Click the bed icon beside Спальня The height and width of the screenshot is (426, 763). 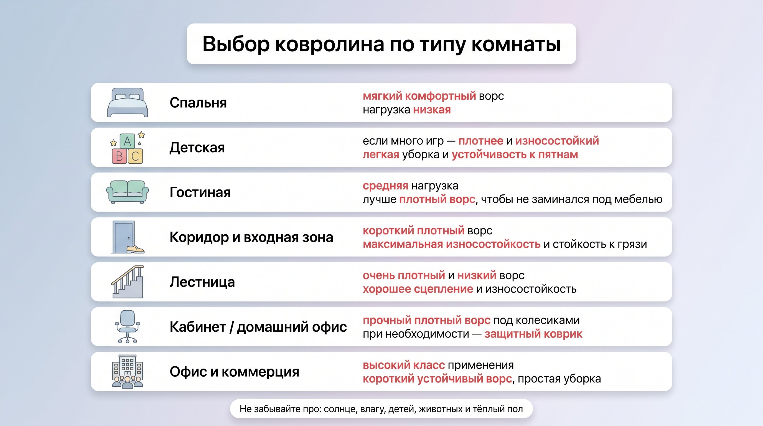pyautogui.click(x=127, y=103)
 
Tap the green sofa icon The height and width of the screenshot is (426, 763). pyautogui.click(x=127, y=192)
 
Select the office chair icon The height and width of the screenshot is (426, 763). pyautogui.click(x=127, y=326)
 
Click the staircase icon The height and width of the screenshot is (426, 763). pyautogui.click(x=128, y=282)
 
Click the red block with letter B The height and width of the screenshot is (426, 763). pyautogui.click(x=119, y=156)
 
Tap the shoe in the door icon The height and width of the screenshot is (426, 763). pyautogui.click(x=135, y=249)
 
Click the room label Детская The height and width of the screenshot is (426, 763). pyautogui.click(x=197, y=148)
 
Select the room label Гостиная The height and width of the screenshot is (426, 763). pyautogui.click(x=200, y=192)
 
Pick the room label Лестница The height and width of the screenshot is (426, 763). pyautogui.click(x=202, y=282)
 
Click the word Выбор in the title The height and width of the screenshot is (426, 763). pyautogui.click(x=236, y=44)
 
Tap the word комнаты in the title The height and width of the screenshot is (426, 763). pyautogui.click(x=516, y=44)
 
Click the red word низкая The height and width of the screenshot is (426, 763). pyautogui.click(x=432, y=110)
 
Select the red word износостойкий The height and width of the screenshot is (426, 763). pyautogui.click(x=557, y=141)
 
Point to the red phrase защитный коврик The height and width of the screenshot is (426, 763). pyautogui.click(x=533, y=334)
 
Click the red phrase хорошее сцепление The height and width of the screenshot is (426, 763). pyautogui.click(x=418, y=289)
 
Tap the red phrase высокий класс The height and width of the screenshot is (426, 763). pyautogui.click(x=404, y=365)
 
